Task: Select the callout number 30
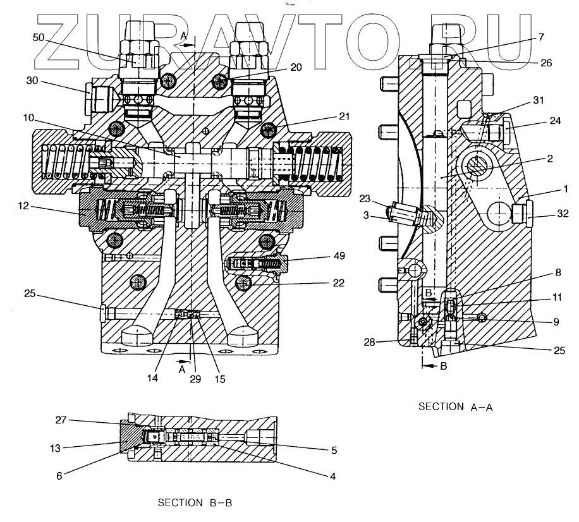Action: click(33, 81)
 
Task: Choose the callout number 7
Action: click(540, 38)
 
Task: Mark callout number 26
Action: click(545, 63)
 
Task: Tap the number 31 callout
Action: click(538, 101)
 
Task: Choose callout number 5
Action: click(332, 451)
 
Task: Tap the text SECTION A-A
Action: click(456, 408)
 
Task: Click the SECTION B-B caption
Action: click(194, 503)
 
